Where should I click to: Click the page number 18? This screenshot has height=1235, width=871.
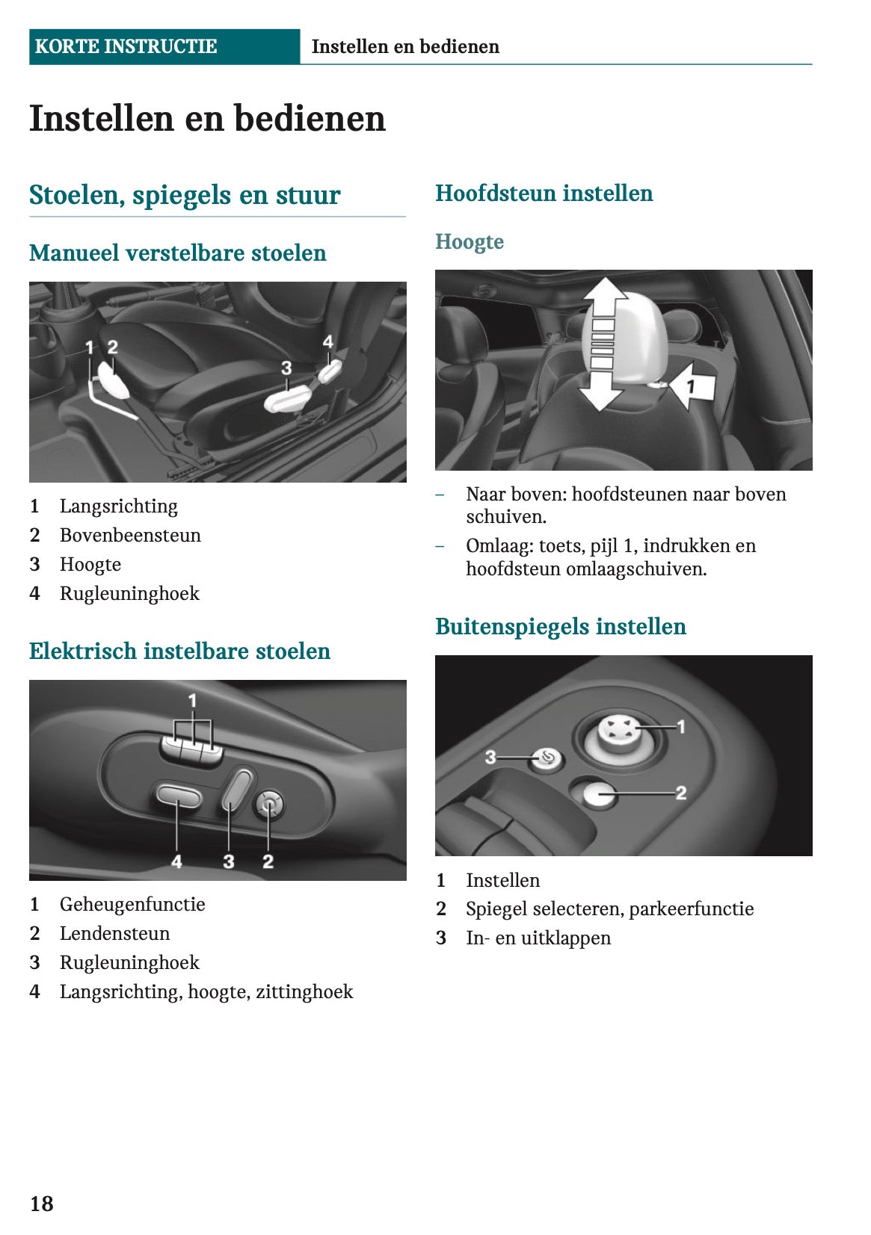tap(42, 1203)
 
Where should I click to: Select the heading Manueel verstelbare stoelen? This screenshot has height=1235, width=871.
tap(178, 253)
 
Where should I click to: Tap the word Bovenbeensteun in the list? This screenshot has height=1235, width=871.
tap(130, 535)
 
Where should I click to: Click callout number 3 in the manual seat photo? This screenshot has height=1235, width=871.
tap(286, 368)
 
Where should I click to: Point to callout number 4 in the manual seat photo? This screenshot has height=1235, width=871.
tap(327, 342)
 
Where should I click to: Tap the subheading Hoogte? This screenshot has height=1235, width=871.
tap(470, 241)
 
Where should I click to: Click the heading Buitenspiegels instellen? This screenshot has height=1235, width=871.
tap(561, 626)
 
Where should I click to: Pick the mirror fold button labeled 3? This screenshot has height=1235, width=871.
tap(546, 759)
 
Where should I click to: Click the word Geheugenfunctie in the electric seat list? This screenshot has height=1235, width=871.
tap(132, 904)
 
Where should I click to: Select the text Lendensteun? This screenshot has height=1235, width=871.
tap(114, 933)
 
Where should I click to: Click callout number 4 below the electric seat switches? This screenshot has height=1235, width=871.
tap(176, 861)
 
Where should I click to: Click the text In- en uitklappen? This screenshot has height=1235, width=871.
tap(538, 938)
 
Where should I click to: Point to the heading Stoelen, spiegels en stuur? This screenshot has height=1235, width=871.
tap(185, 195)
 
